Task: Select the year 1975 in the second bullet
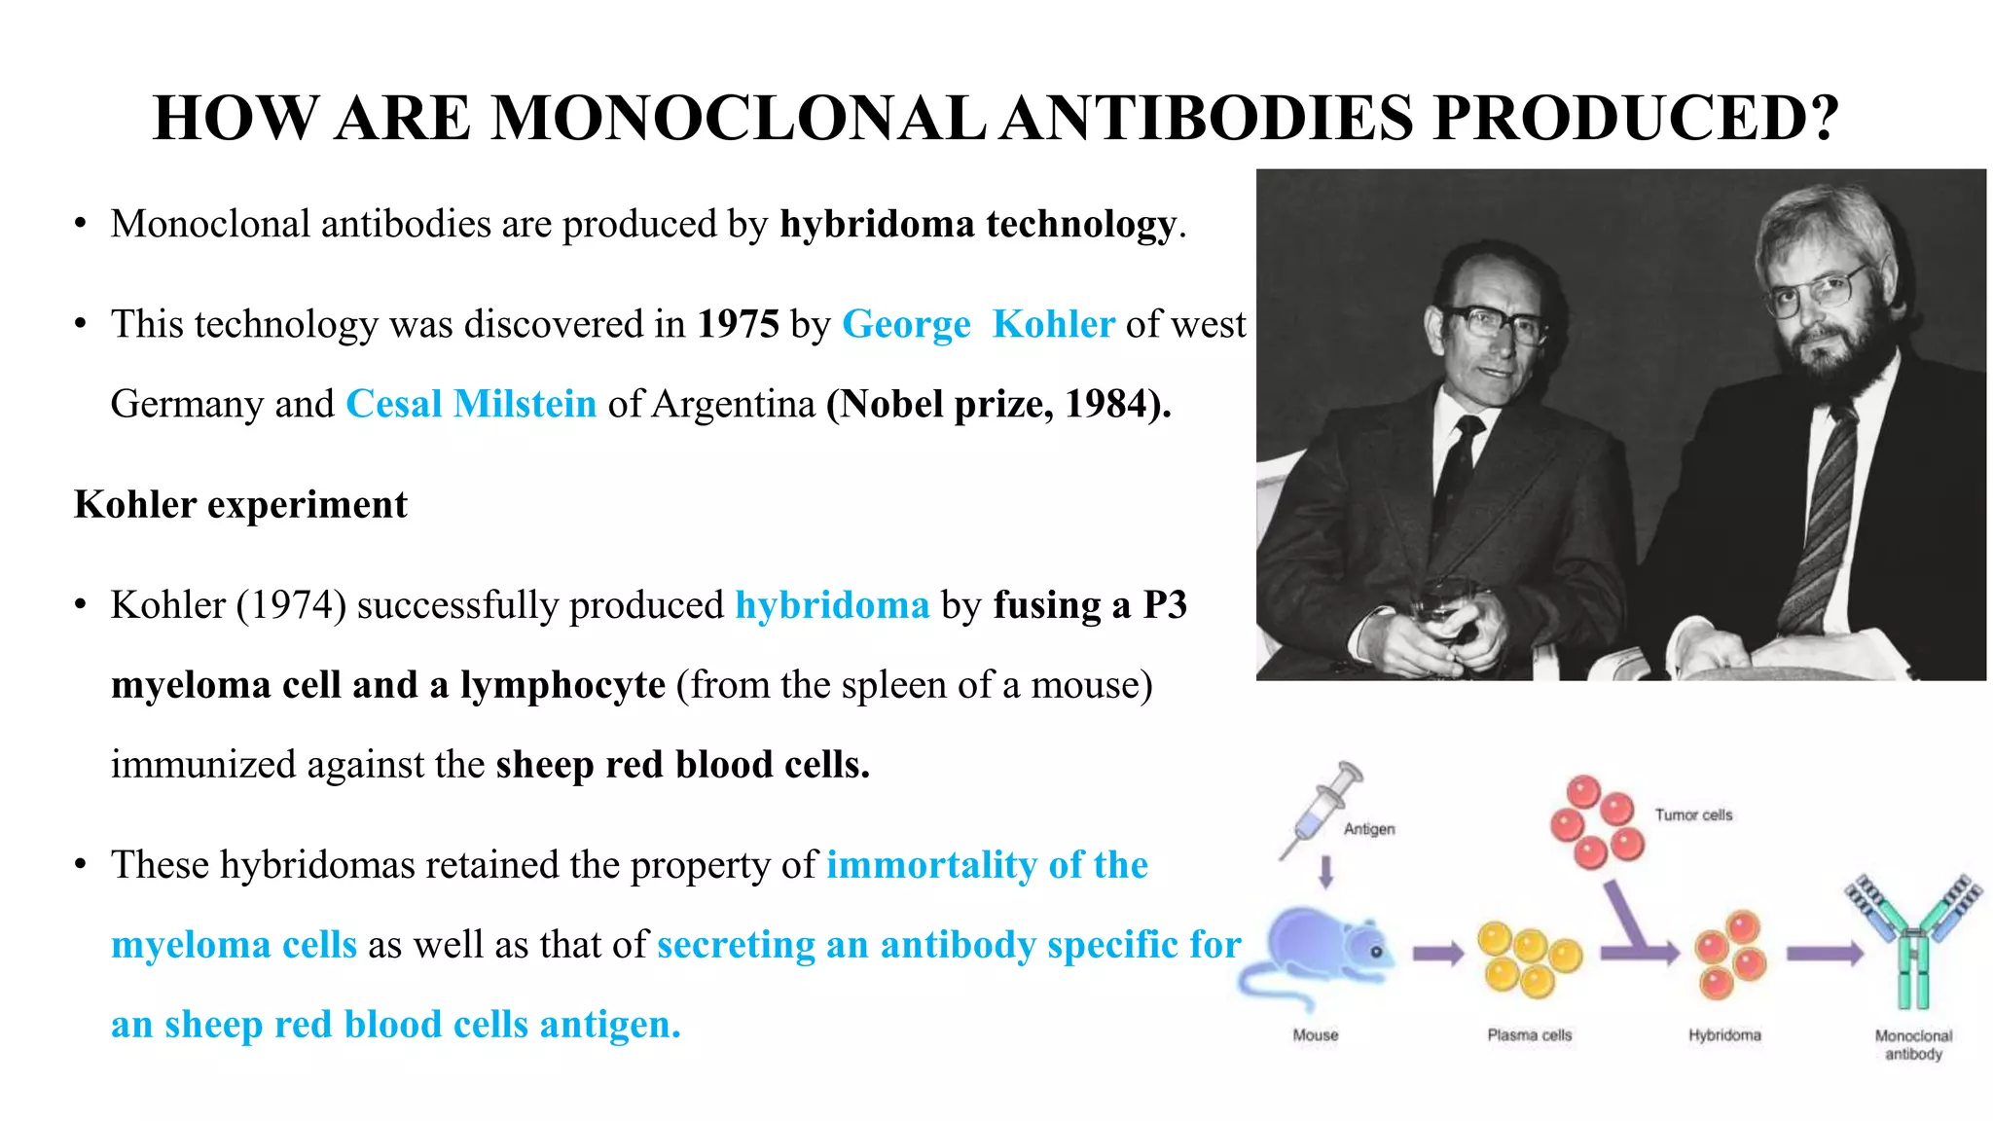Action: (x=738, y=324)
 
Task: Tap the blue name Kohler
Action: (x=1053, y=324)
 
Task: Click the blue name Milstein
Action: (x=525, y=404)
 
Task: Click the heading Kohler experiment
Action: (x=240, y=504)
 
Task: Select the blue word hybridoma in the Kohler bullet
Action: (x=832, y=605)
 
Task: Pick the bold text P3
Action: (x=1165, y=605)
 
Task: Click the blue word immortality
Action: (x=931, y=865)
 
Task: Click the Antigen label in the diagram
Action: (x=1369, y=829)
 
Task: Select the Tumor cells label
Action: (x=1693, y=814)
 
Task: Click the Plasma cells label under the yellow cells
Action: (x=1529, y=1035)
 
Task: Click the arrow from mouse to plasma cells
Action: (x=1437, y=954)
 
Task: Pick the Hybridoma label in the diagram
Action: (x=1724, y=1035)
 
